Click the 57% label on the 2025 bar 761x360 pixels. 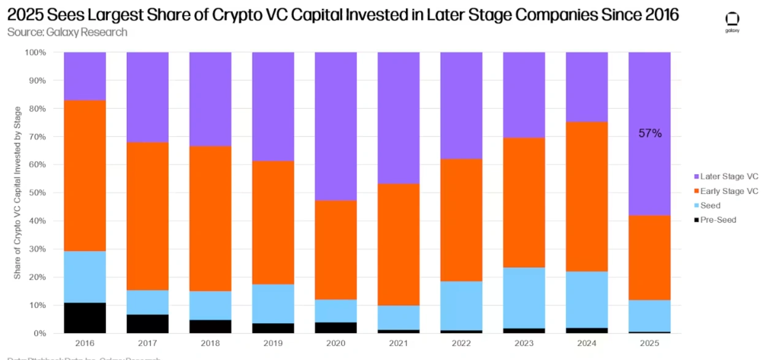649,134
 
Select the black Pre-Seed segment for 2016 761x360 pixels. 85,318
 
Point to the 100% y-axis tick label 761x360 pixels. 35,53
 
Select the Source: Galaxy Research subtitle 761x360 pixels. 67,32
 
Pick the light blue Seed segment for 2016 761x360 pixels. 85,277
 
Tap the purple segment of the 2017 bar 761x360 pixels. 147,97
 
